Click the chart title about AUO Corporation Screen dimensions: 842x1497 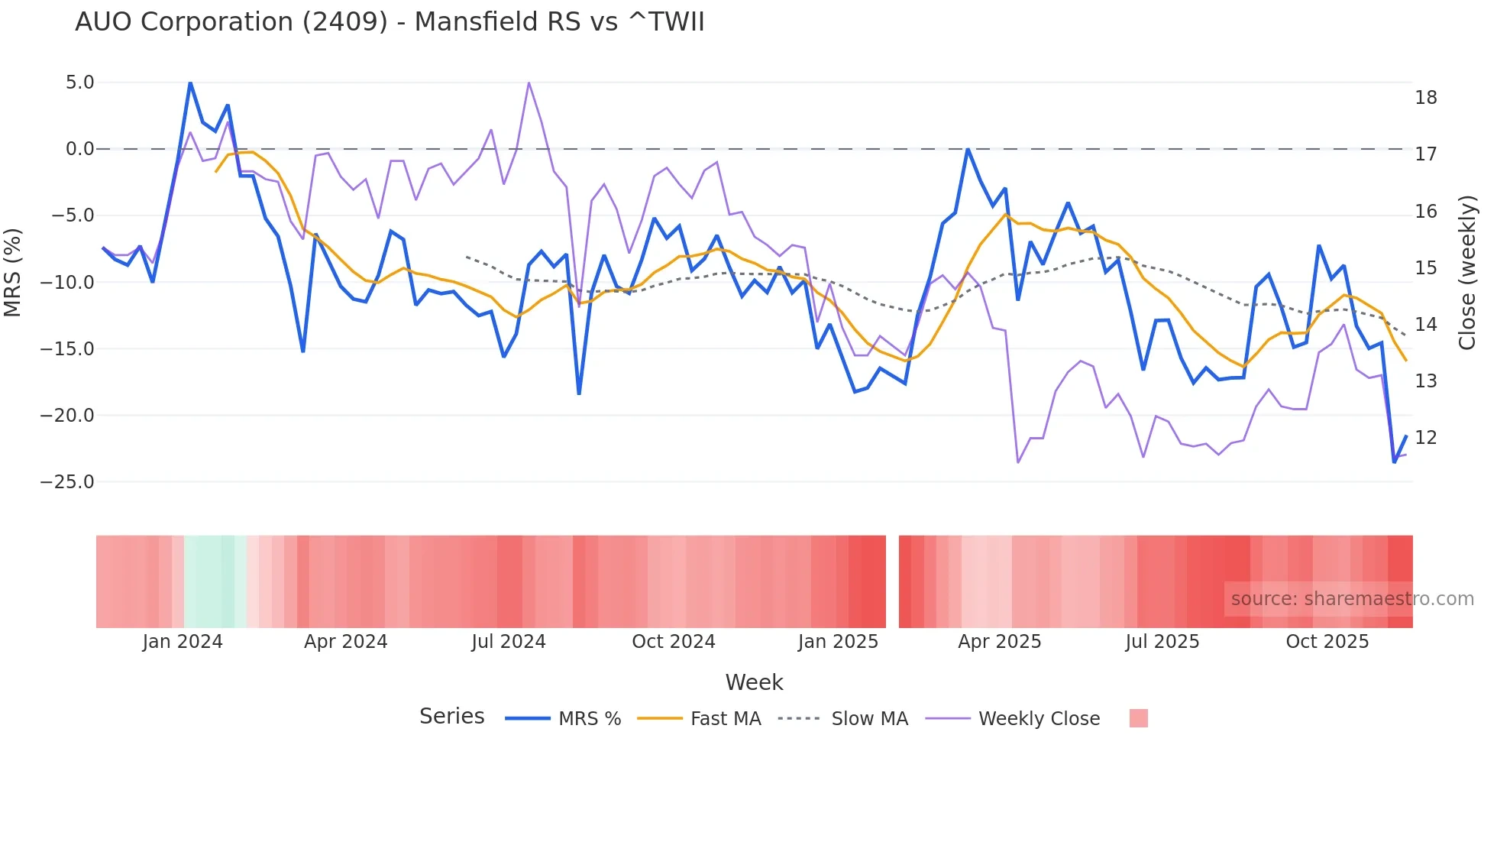click(x=390, y=21)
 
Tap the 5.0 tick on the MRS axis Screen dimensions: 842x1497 click(x=79, y=83)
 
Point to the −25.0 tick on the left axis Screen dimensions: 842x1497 click(x=67, y=482)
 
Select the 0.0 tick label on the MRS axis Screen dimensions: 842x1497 click(x=79, y=149)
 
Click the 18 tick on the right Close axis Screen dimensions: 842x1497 click(x=1425, y=98)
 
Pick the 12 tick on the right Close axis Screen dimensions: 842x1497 click(x=1425, y=438)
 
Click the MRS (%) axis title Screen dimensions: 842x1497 click(x=13, y=272)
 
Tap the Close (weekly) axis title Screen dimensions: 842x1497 click(x=1467, y=273)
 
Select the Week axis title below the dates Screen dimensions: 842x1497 click(x=754, y=682)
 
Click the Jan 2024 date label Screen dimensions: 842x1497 click(x=183, y=642)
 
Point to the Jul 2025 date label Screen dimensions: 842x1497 click(x=1162, y=642)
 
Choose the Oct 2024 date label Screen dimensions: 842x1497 click(x=673, y=642)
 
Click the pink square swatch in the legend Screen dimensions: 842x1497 click(x=1138, y=718)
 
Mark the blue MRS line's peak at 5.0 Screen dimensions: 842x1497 click(x=190, y=83)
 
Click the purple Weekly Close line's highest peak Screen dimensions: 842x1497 click(x=529, y=83)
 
